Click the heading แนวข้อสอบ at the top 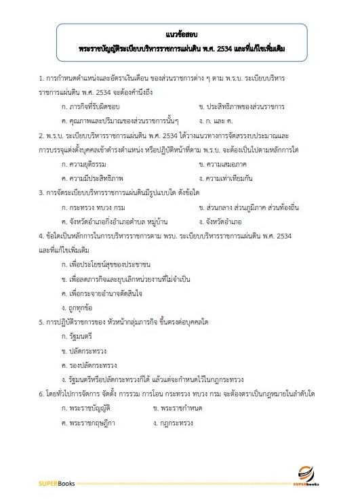point(180,33)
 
